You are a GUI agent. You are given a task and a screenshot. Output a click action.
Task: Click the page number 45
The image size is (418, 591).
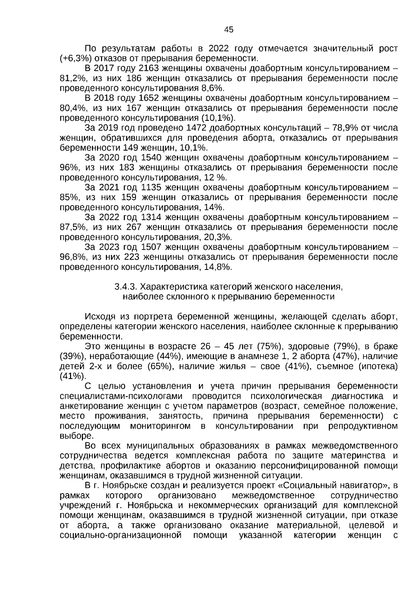(229, 30)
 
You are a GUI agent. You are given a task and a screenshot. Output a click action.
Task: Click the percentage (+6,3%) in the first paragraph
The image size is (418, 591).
(74, 58)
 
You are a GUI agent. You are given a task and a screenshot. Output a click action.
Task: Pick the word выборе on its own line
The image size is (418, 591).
(72, 436)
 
